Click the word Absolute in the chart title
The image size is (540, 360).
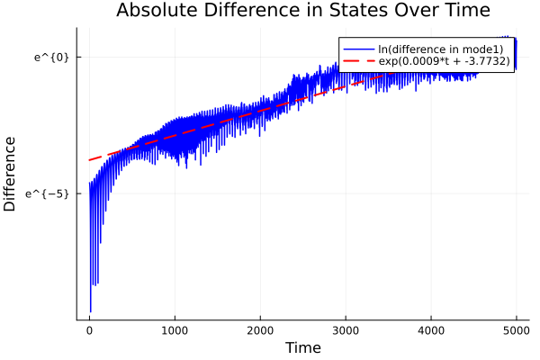157,11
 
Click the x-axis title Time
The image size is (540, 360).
302,347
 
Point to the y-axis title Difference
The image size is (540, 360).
11,174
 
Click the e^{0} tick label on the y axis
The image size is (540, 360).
51,58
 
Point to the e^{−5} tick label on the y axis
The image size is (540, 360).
49,193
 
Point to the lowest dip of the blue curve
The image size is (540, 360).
90,310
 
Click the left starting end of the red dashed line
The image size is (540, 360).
89,160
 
